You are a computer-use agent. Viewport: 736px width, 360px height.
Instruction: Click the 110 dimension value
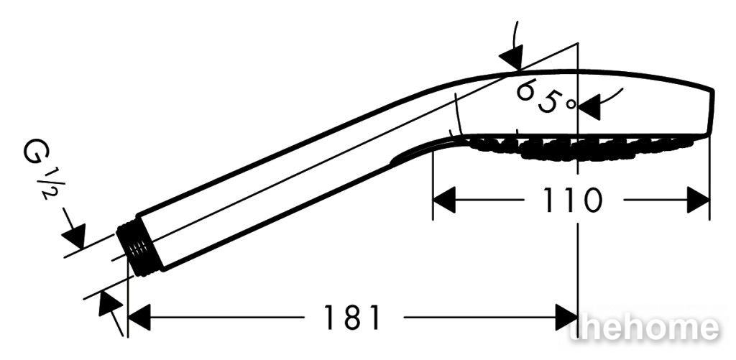point(571,200)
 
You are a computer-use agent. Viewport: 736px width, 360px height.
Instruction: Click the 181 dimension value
point(352,318)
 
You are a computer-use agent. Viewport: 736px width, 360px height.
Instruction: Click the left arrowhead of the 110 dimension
point(444,200)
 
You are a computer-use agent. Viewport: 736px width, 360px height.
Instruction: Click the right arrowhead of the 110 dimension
point(698,200)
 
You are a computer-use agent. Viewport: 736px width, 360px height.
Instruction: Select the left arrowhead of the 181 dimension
point(139,318)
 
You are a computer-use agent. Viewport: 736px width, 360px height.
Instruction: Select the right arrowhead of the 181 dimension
point(566,318)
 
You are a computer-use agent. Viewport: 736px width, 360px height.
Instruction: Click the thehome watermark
point(644,327)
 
